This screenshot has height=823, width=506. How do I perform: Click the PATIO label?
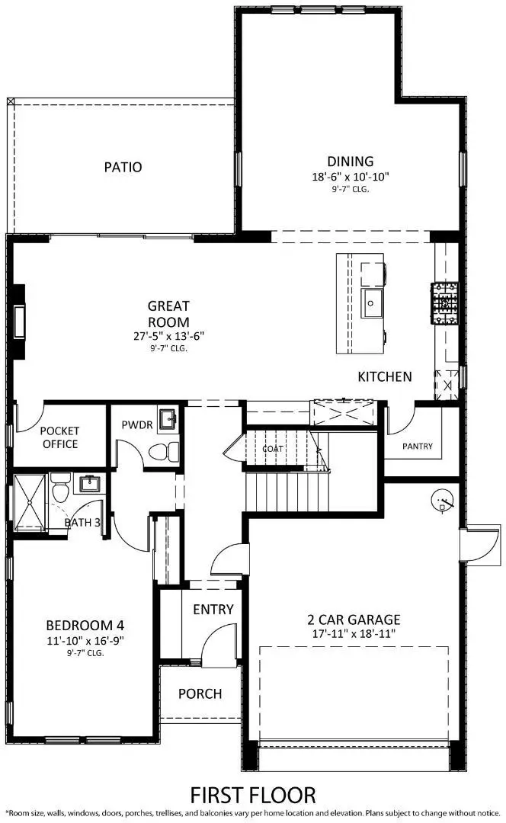point(123,167)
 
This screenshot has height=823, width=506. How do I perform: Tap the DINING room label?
point(351,162)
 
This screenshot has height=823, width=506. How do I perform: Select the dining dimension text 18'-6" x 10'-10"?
point(351,176)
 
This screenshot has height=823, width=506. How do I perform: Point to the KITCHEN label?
point(385,376)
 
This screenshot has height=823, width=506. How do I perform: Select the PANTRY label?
point(418,446)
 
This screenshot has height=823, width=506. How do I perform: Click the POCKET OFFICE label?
point(59,437)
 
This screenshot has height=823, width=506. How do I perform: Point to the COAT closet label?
point(273,449)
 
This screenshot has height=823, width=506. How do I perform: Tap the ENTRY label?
point(213,610)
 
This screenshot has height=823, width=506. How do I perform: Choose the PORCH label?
point(200,693)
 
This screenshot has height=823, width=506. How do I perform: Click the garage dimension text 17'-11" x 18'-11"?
point(356,633)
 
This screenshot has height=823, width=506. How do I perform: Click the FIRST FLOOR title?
point(253,796)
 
